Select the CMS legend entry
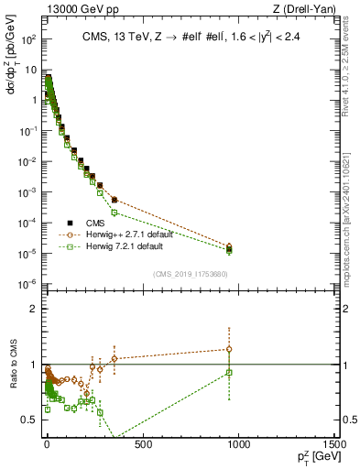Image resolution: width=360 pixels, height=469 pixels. (88, 221)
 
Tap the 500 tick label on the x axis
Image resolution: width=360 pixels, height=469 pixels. (142, 445)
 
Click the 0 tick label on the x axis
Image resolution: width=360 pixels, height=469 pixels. (47, 445)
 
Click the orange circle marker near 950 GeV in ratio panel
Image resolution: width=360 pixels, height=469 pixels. (229, 349)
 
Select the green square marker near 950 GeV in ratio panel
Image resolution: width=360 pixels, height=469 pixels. (229, 372)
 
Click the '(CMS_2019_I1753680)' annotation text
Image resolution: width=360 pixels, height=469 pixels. (190, 272)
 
